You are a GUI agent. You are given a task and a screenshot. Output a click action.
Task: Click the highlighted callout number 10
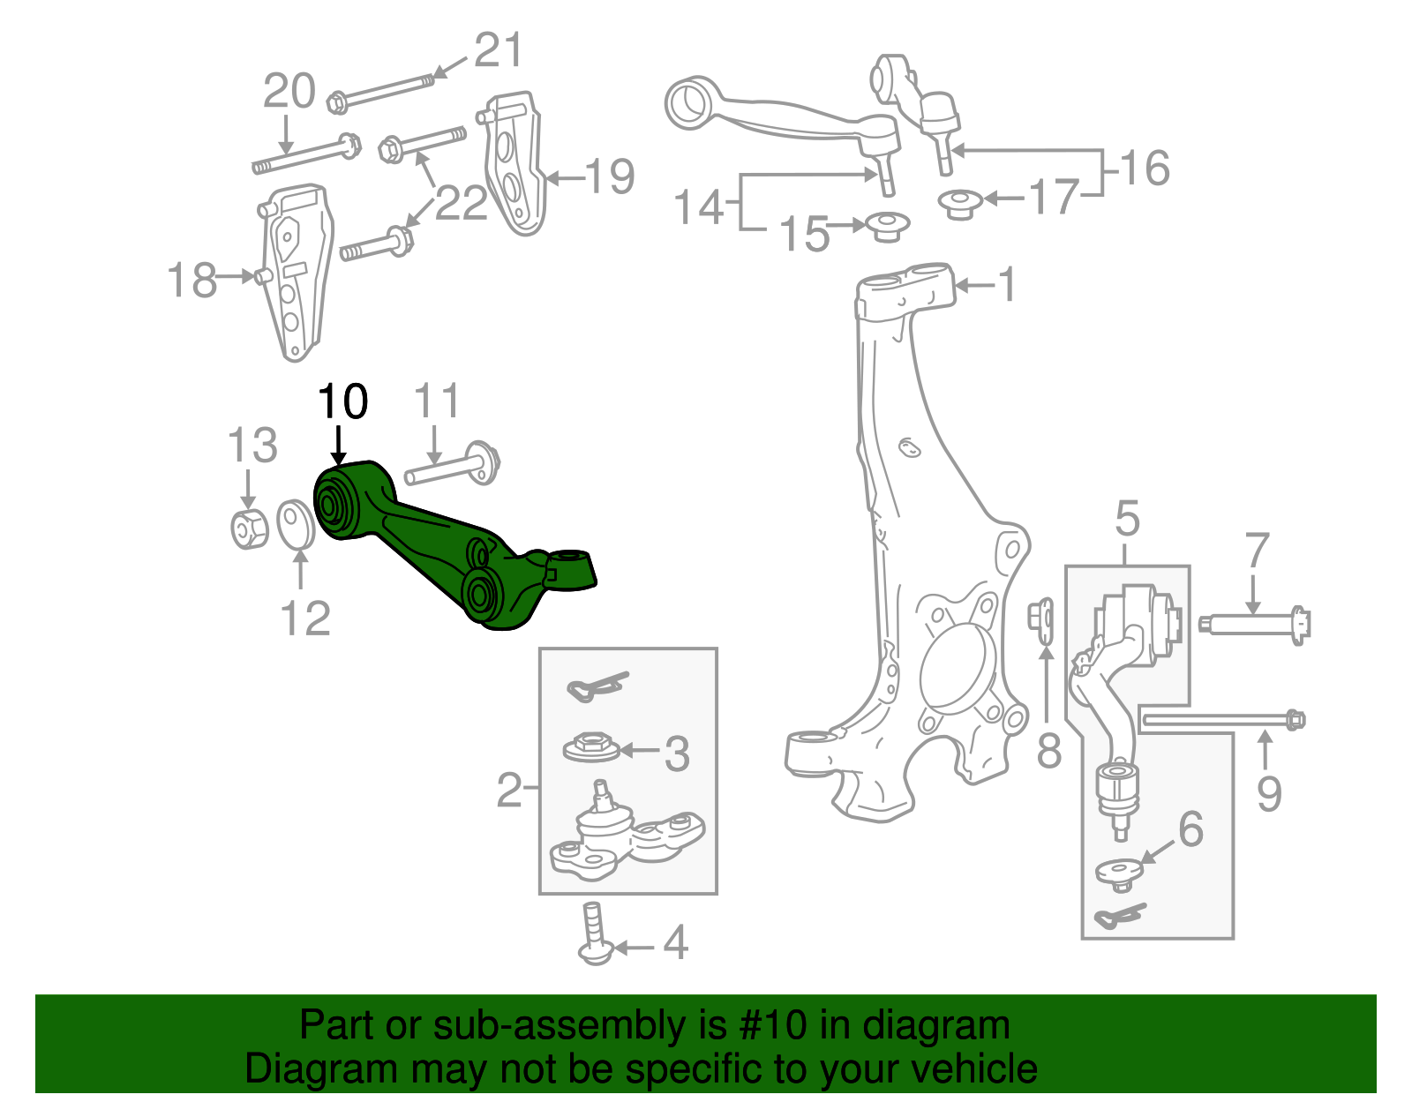pyautogui.click(x=342, y=402)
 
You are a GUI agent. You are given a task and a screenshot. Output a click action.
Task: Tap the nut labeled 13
pyautogui.click(x=249, y=529)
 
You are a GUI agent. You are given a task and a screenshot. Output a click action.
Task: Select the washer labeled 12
pyautogui.click(x=295, y=523)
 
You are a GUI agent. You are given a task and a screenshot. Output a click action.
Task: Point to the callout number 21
pyautogui.click(x=499, y=50)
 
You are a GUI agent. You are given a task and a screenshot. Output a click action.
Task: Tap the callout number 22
pyautogui.click(x=461, y=204)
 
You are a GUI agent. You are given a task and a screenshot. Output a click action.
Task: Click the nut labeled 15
pyautogui.click(x=888, y=226)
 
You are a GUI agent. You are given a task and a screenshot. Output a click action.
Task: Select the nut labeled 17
pyautogui.click(x=960, y=204)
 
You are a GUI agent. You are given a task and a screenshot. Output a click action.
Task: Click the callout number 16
pyautogui.click(x=1145, y=168)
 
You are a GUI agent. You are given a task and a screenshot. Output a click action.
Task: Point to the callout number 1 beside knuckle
pyautogui.click(x=1006, y=285)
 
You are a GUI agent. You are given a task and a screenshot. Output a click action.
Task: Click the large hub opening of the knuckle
pyautogui.click(x=957, y=670)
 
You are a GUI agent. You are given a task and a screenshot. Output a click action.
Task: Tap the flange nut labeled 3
pyautogui.click(x=590, y=747)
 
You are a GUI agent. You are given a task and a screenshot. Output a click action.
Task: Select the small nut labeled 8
pyautogui.click(x=1042, y=616)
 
